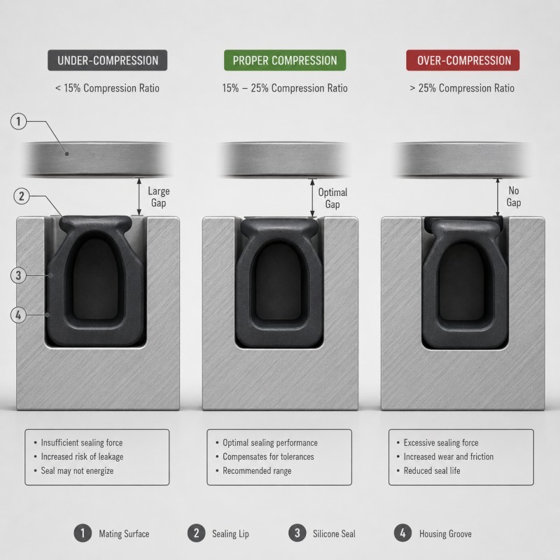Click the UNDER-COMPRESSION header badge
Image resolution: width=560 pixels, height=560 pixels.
coord(108,60)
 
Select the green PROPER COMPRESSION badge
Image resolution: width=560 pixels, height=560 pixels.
coord(285,60)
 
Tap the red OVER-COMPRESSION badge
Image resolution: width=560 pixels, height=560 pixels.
coord(463,60)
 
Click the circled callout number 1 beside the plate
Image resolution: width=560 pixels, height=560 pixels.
coord(19,121)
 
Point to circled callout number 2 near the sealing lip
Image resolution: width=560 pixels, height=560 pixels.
coord(22,196)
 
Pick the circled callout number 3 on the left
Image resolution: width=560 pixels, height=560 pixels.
coord(19,275)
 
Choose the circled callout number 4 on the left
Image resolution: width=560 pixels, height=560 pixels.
coord(19,315)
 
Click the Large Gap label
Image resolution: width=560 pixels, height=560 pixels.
coord(159,197)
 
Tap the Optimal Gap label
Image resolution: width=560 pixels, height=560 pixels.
coord(332,198)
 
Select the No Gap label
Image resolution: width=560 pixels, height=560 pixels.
coord(514,197)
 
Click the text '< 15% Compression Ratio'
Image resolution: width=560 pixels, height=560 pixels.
coord(107,88)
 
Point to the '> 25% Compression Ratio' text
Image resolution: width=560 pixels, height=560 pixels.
coord(462,88)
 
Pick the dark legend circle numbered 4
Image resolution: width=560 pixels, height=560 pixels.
coord(403,533)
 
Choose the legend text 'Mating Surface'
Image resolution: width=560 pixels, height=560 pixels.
coord(124,533)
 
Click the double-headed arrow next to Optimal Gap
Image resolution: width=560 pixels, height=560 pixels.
coord(312,197)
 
